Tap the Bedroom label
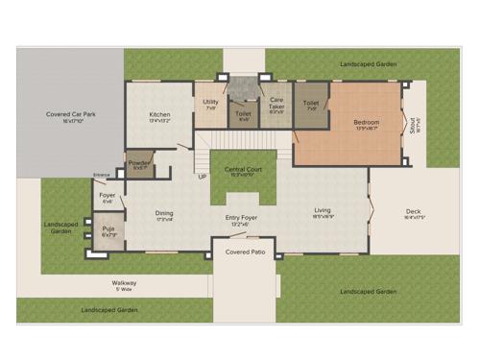366,123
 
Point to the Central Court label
242,169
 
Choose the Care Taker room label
276,101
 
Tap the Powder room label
139,163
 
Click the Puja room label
108,229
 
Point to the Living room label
323,210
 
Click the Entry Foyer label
242,219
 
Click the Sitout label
415,124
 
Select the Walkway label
124,282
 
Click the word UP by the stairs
202,177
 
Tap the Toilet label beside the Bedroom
310,103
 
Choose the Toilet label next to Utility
243,114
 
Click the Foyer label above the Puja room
108,196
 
